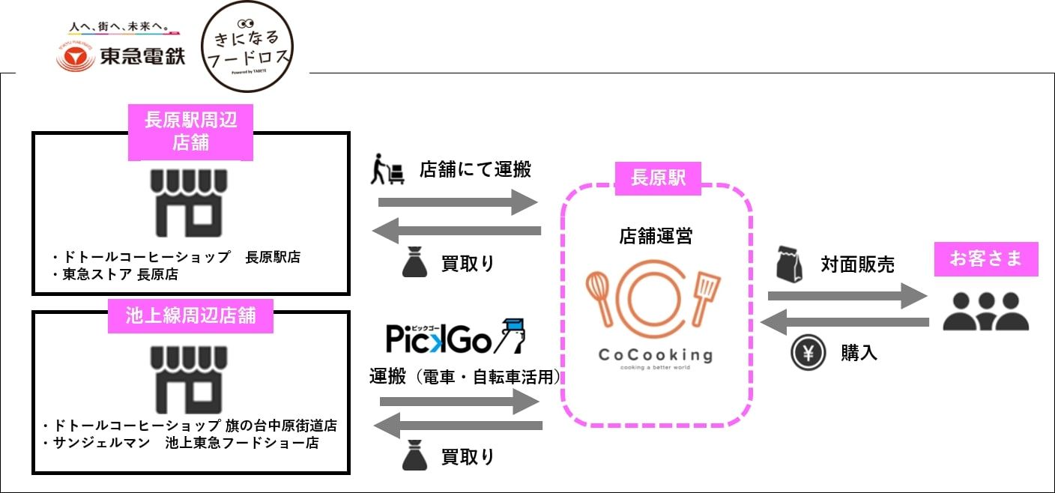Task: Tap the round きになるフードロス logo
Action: pyautogui.click(x=248, y=46)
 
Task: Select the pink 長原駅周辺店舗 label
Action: pyautogui.click(x=190, y=131)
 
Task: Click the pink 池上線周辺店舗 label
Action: pyautogui.click(x=190, y=315)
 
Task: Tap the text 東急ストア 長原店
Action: pyautogui.click(x=120, y=275)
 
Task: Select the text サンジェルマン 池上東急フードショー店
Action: pyautogui.click(x=184, y=443)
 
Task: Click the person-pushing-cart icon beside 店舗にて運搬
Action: pyautogui.click(x=387, y=171)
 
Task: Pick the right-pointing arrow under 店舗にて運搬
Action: pyautogui.click(x=457, y=202)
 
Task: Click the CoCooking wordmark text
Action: pyautogui.click(x=655, y=354)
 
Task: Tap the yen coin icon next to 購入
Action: pyautogui.click(x=808, y=353)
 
